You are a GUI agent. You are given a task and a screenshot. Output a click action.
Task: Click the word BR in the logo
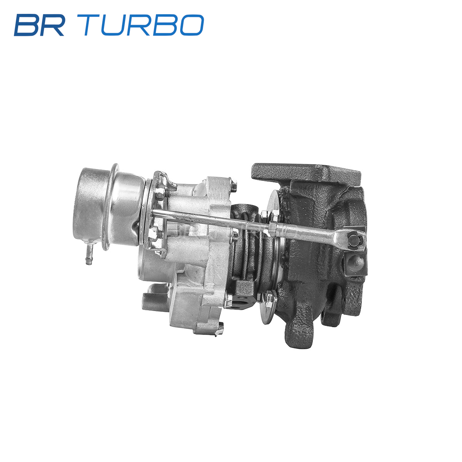click(39, 25)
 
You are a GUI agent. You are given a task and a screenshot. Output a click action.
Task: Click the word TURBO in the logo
click(140, 25)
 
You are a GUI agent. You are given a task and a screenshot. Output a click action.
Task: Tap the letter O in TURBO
click(192, 25)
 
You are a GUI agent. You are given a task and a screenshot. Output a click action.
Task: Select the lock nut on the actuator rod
click(273, 227)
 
